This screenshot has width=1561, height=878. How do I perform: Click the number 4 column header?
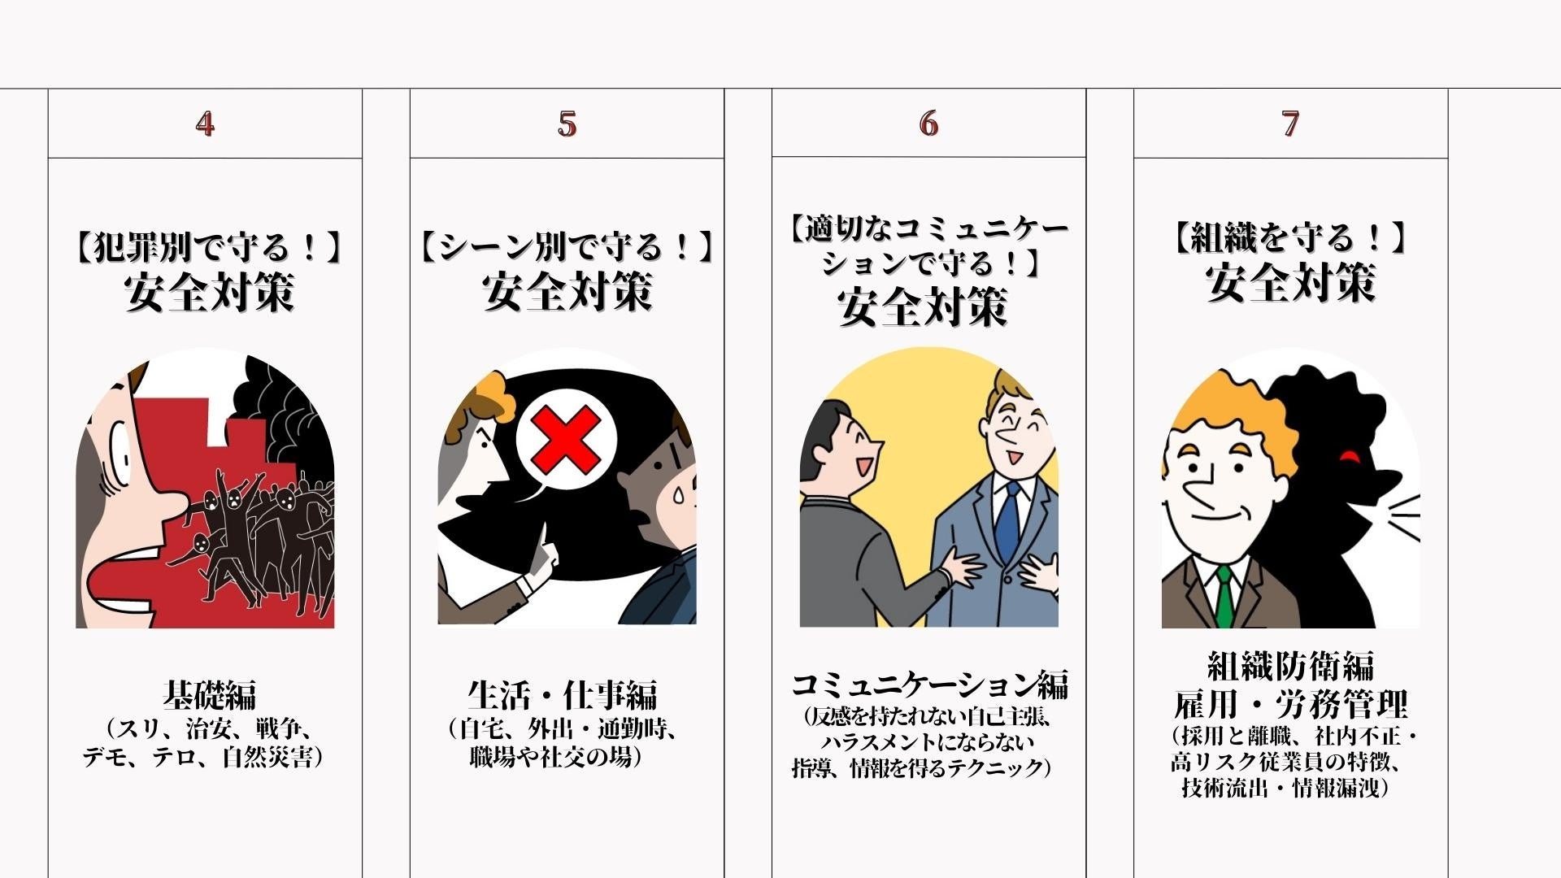point(205,124)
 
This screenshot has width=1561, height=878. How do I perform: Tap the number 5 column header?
point(567,124)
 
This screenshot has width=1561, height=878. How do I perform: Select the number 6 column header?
point(928,124)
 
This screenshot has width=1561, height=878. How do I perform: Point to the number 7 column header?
point(1290,124)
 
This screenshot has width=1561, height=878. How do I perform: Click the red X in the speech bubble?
point(566,440)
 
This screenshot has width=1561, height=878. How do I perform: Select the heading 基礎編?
point(209,695)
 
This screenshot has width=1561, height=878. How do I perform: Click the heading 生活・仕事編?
point(563,695)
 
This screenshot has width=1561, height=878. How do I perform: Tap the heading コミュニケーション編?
point(929,685)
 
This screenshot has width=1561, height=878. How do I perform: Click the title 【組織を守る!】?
point(1290,238)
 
